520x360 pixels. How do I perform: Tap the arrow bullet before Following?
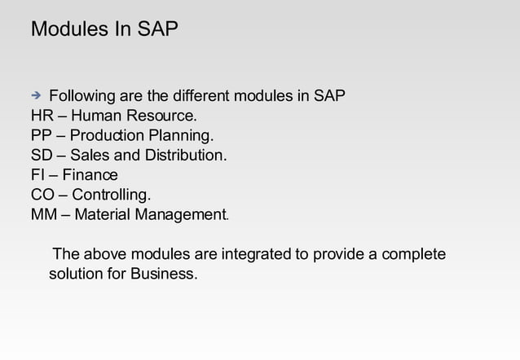click(x=37, y=96)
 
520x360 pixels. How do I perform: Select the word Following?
click(x=84, y=97)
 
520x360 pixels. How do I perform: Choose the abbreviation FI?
click(x=37, y=175)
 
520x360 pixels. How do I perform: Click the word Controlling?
click(x=111, y=195)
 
